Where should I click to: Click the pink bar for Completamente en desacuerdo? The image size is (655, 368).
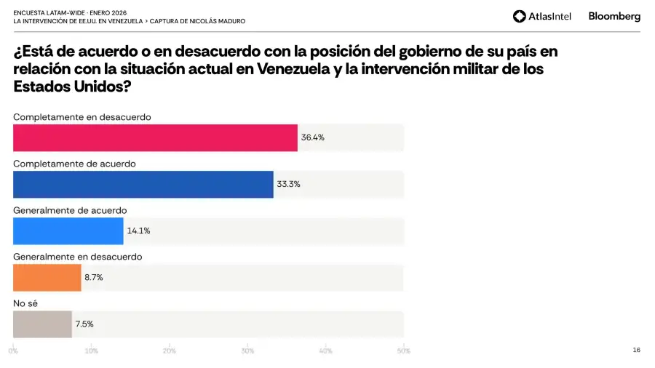(155, 137)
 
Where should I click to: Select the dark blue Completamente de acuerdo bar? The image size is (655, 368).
(143, 184)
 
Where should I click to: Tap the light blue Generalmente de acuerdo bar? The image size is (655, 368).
(68, 231)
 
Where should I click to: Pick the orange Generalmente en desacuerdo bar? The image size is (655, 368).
(47, 277)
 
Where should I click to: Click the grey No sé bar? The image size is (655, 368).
(42, 324)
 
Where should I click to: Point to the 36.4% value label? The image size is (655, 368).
(313, 137)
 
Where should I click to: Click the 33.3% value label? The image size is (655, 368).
(288, 184)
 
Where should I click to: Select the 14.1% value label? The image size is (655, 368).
(138, 231)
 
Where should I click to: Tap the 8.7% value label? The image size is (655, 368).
(93, 277)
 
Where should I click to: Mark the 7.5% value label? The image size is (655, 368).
(84, 324)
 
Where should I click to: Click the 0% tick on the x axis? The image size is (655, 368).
(13, 351)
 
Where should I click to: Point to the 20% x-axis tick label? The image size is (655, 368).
(170, 351)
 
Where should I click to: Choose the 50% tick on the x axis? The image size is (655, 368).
(402, 351)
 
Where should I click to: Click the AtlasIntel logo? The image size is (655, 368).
(542, 16)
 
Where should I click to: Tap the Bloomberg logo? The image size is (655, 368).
(614, 16)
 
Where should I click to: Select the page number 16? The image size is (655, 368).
(636, 350)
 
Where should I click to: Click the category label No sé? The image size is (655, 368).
(25, 303)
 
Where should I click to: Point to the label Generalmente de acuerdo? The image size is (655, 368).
(70, 210)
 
